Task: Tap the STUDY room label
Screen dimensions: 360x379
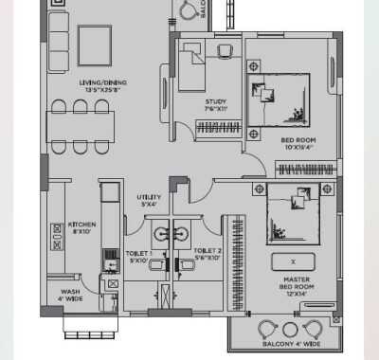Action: pyautogui.click(x=215, y=105)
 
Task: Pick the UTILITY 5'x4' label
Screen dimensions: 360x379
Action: pyautogui.click(x=149, y=201)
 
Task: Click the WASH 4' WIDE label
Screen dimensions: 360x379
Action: pyautogui.click(x=70, y=295)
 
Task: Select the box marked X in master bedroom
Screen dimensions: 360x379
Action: pyautogui.click(x=293, y=261)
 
